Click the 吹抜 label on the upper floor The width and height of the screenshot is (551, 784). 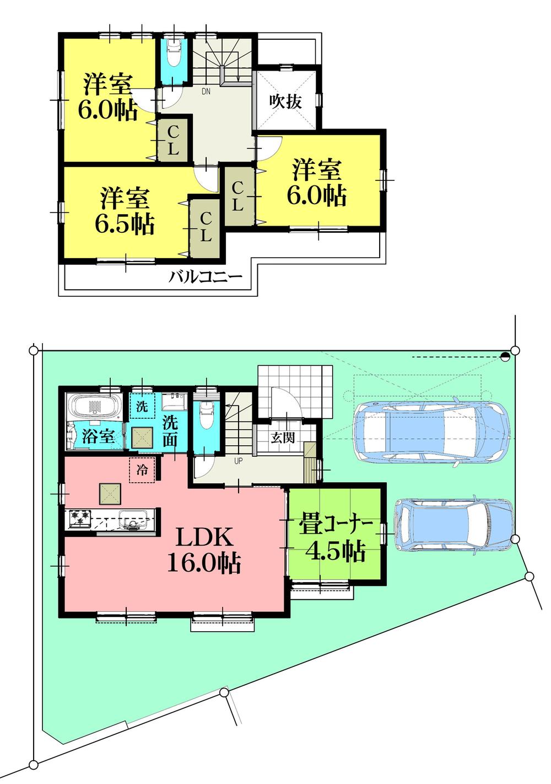point(285,102)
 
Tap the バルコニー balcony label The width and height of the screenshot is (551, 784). point(205,276)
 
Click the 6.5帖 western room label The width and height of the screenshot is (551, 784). point(124,211)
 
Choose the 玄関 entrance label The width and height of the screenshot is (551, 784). point(283,438)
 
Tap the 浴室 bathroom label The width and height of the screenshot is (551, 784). point(98,436)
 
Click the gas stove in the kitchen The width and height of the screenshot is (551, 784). point(79,519)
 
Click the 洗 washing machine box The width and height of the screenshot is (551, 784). point(142,408)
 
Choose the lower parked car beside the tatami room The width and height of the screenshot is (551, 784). point(453,525)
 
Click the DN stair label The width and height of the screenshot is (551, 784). point(206,92)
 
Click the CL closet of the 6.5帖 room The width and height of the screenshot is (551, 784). point(204,227)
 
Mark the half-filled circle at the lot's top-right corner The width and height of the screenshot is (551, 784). point(505,357)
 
